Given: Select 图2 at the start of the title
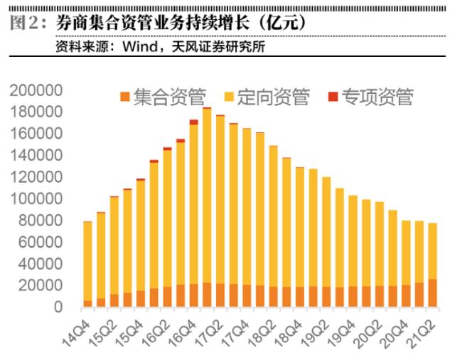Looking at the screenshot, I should (26, 21).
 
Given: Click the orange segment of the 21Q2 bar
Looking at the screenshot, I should (433, 293).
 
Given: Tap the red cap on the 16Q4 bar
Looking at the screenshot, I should (193, 122).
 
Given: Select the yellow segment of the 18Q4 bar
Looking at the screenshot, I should (300, 227).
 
